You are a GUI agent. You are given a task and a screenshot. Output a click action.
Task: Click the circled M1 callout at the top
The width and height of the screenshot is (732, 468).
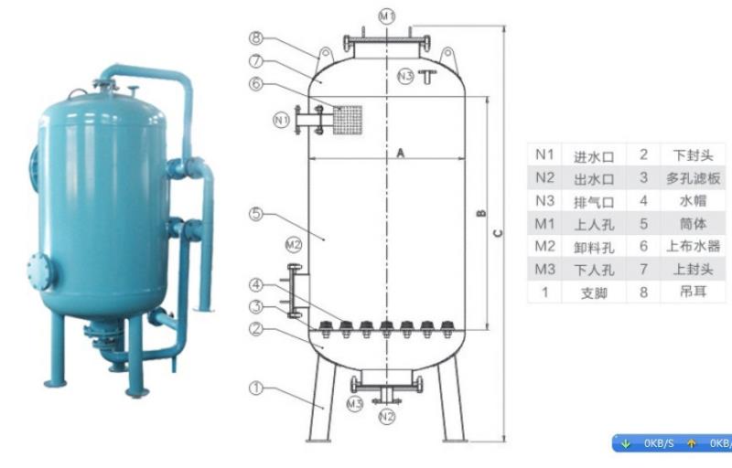(x=387, y=16)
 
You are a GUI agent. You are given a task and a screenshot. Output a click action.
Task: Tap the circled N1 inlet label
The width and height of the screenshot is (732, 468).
(x=281, y=121)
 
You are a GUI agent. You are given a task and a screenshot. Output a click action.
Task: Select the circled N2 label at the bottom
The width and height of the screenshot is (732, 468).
(x=386, y=416)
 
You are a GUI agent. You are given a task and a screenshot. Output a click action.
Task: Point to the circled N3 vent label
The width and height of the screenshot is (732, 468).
(x=405, y=76)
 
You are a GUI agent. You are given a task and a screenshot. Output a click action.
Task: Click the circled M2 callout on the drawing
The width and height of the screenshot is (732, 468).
(x=294, y=245)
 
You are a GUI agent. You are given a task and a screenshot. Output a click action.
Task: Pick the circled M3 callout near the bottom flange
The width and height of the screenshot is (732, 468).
(x=355, y=404)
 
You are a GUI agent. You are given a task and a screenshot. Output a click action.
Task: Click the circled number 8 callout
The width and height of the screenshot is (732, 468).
(x=256, y=37)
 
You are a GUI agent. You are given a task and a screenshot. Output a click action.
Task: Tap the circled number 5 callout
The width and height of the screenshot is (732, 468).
(x=256, y=214)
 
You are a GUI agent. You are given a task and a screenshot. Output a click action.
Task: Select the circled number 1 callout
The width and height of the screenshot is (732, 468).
(x=256, y=388)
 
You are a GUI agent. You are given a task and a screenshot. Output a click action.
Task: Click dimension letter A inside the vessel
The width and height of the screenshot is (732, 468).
(x=401, y=153)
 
